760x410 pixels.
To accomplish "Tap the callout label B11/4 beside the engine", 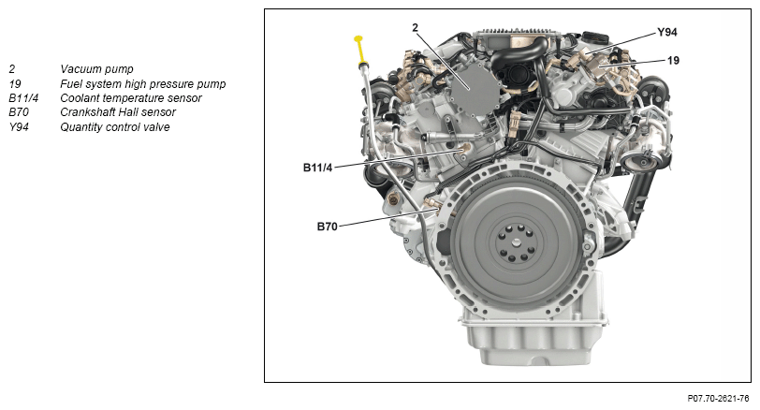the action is point(317,168).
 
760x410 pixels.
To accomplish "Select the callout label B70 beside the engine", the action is point(328,227).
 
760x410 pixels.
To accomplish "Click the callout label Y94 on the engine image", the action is point(667,33).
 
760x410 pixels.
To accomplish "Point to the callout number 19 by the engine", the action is point(673,61).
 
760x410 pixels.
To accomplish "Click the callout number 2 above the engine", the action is point(415,28).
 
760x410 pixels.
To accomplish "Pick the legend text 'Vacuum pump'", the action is point(96,69).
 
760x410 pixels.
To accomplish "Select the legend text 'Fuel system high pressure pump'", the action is point(143,84).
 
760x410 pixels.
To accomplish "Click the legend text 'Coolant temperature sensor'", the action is point(131,98).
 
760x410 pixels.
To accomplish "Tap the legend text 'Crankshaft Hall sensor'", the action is point(118,112).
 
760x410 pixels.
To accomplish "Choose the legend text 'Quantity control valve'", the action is point(115,127).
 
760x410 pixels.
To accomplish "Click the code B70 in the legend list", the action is point(19,112).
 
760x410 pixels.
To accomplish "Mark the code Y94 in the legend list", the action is point(19,127).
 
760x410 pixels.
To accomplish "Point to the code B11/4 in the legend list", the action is point(23,98).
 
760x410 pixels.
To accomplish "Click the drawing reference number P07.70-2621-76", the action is point(718,399).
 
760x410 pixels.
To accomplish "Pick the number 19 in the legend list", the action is point(15,84).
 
